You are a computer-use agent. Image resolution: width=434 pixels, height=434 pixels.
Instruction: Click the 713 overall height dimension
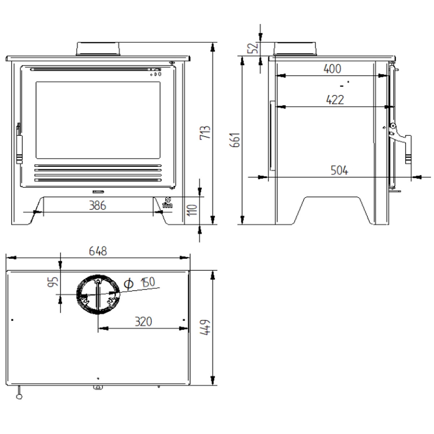pyautogui.click(x=205, y=134)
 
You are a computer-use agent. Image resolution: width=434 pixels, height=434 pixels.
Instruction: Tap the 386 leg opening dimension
pyautogui.click(x=98, y=206)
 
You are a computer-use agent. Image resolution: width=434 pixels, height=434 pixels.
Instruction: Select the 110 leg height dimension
pyautogui.click(x=193, y=209)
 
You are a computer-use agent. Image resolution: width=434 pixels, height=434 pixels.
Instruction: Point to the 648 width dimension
pyautogui.click(x=98, y=251)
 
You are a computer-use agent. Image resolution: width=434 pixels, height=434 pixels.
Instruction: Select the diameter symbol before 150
pyautogui.click(x=128, y=284)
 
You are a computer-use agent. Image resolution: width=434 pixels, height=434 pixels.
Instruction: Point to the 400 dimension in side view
pyautogui.click(x=332, y=69)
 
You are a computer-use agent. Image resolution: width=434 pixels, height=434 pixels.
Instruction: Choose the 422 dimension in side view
pyautogui.click(x=335, y=99)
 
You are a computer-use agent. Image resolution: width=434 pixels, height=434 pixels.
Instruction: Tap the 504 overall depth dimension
pyautogui.click(x=339, y=170)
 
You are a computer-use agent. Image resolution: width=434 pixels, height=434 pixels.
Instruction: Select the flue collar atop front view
pyautogui.click(x=98, y=49)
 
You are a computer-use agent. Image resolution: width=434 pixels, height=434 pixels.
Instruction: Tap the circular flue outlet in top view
pyautogui.click(x=98, y=294)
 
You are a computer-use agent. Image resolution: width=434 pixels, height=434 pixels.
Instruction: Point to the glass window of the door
pyautogui.click(x=98, y=120)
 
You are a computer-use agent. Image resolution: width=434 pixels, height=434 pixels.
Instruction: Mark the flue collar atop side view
pyautogui.click(x=295, y=49)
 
